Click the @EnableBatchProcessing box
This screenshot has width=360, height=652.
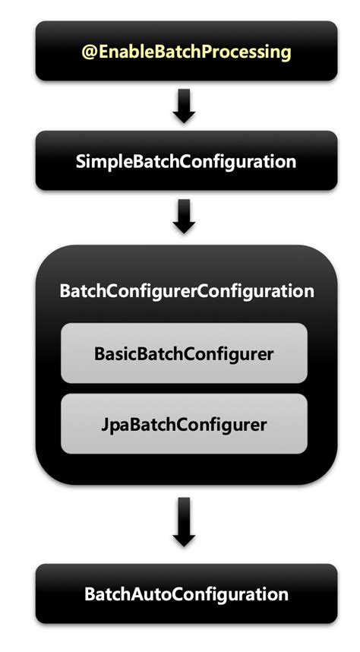[x=185, y=51]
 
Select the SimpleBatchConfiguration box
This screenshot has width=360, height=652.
[x=185, y=161]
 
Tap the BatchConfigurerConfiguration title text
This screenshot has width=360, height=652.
[x=185, y=291]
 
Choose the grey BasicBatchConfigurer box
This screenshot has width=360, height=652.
[x=184, y=353]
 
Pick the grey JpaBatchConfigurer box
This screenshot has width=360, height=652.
[x=184, y=424]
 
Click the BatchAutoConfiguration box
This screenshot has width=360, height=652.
[x=185, y=593]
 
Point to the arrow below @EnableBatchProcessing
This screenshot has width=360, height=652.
[x=184, y=106]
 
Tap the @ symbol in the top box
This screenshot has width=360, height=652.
[x=88, y=52]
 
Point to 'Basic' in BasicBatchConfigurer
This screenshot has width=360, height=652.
[x=112, y=353]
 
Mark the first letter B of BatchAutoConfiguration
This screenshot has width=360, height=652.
[x=88, y=593]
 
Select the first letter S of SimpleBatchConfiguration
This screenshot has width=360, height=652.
[x=81, y=161]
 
